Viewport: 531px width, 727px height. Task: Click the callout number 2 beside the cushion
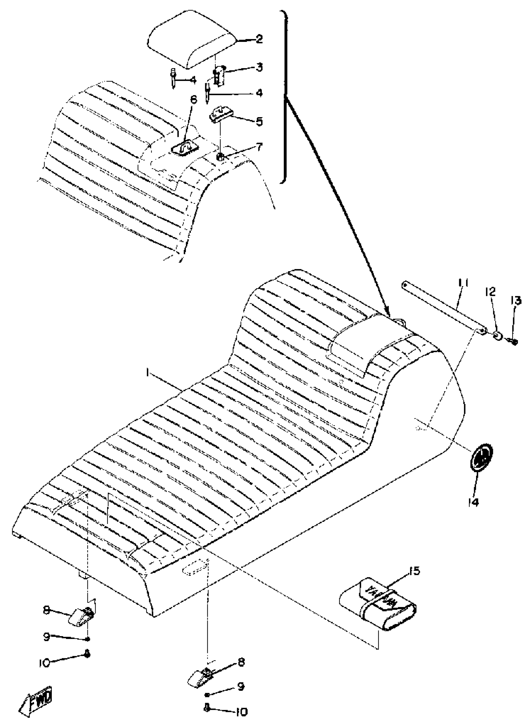(x=259, y=40)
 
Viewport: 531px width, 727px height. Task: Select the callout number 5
(x=259, y=122)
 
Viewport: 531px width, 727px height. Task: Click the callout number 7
(x=259, y=147)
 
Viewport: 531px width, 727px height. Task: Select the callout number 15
(x=414, y=571)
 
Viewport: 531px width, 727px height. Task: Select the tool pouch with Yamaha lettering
(x=378, y=604)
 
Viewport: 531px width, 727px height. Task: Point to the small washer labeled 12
(x=497, y=337)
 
